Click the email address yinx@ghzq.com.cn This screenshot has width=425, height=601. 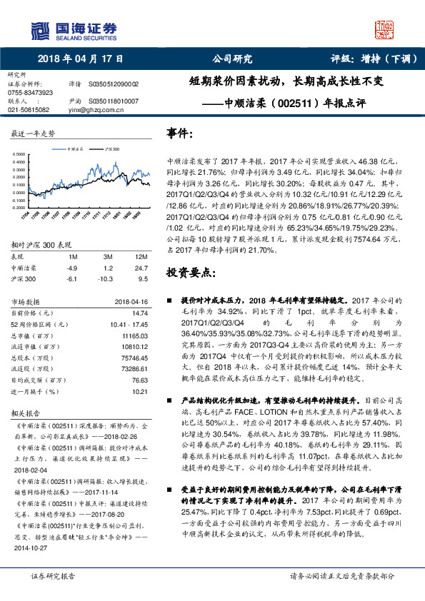93,111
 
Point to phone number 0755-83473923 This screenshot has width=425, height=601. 30,93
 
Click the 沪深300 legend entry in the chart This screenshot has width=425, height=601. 110,149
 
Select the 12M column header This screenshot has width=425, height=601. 141,256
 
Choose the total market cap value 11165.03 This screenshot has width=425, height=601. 135,334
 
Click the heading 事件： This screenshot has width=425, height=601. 179,133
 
